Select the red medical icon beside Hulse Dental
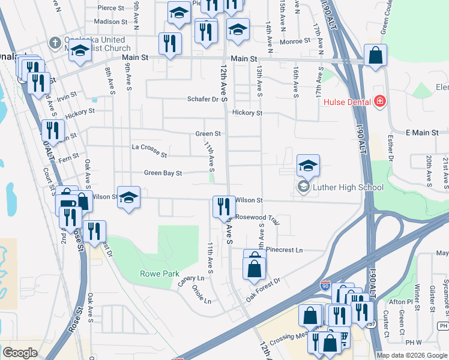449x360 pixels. tap(379, 101)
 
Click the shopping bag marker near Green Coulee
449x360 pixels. tap(375, 56)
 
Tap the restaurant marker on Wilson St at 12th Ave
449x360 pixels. tap(224, 207)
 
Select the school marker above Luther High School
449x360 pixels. tap(307, 166)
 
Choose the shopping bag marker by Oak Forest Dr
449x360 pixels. tap(254, 266)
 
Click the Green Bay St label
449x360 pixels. tap(163, 173)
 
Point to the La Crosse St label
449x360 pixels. tap(149, 151)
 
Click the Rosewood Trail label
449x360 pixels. tap(258, 218)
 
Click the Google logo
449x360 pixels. tap(20, 353)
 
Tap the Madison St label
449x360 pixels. tap(111, 22)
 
